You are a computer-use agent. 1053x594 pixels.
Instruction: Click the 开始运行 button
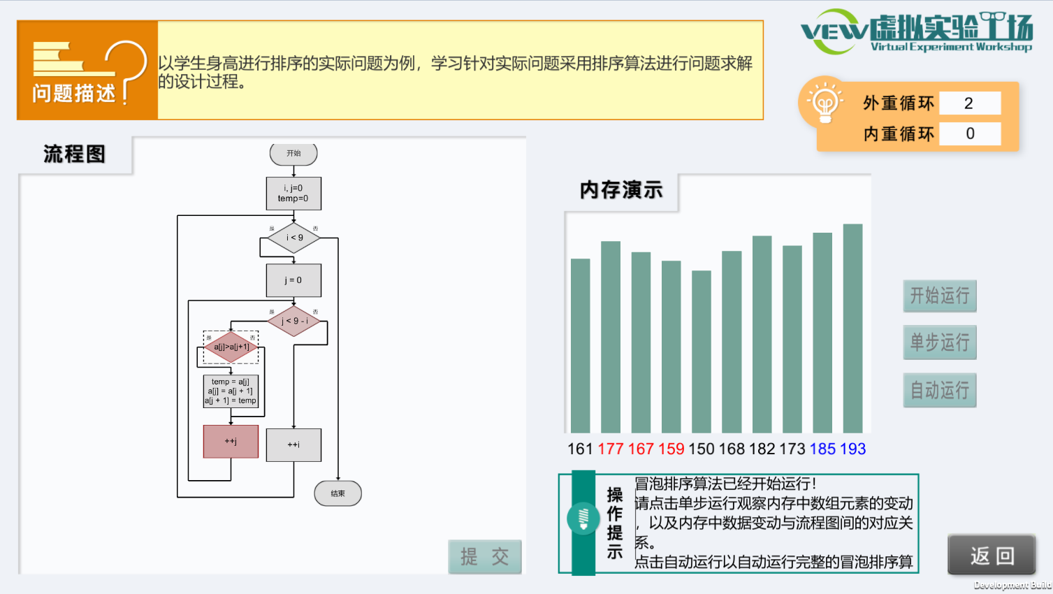point(939,296)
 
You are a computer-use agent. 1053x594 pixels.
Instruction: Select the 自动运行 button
point(939,390)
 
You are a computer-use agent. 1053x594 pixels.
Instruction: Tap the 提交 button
point(484,557)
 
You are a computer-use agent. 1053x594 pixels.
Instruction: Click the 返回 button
point(992,556)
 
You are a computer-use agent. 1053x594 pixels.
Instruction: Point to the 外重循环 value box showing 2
point(969,103)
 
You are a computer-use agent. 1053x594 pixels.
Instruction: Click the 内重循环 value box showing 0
point(969,133)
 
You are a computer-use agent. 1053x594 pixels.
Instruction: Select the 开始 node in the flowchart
point(293,154)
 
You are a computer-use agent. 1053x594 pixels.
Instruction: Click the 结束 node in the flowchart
point(337,493)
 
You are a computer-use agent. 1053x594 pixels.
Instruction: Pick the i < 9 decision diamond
point(294,238)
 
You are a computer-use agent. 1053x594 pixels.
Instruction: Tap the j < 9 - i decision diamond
point(294,321)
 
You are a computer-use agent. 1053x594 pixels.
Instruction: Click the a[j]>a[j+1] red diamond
point(231,347)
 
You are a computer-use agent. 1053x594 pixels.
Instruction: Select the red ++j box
point(231,442)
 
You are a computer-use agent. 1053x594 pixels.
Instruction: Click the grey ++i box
point(293,444)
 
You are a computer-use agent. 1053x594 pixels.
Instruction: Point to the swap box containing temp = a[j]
point(231,391)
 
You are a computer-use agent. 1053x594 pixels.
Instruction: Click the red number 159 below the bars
point(671,449)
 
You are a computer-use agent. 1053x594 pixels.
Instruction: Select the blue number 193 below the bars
point(852,449)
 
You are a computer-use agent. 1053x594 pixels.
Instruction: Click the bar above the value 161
point(580,346)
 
